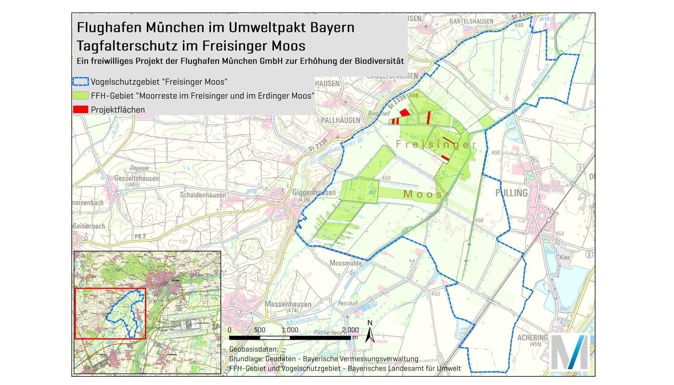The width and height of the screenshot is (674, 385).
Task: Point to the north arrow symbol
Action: click(x=369, y=332)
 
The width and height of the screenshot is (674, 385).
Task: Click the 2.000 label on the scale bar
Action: click(x=350, y=330)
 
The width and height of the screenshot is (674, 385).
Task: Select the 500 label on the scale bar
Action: click(x=259, y=330)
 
